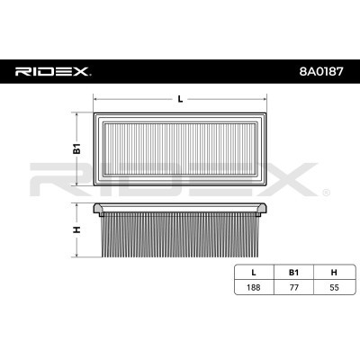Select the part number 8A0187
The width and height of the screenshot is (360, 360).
tap(320, 71)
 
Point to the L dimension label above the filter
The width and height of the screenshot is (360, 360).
tap(180, 99)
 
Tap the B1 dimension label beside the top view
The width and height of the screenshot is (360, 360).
tap(77, 148)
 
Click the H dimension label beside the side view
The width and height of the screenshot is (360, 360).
tap(77, 229)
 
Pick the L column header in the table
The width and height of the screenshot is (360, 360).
tap(254, 273)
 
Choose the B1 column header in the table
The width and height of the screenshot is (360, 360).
tap(293, 273)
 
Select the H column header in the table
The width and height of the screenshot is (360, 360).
tap(334, 273)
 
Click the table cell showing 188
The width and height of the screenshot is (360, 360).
tap(254, 287)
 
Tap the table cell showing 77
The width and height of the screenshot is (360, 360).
tap(294, 287)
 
